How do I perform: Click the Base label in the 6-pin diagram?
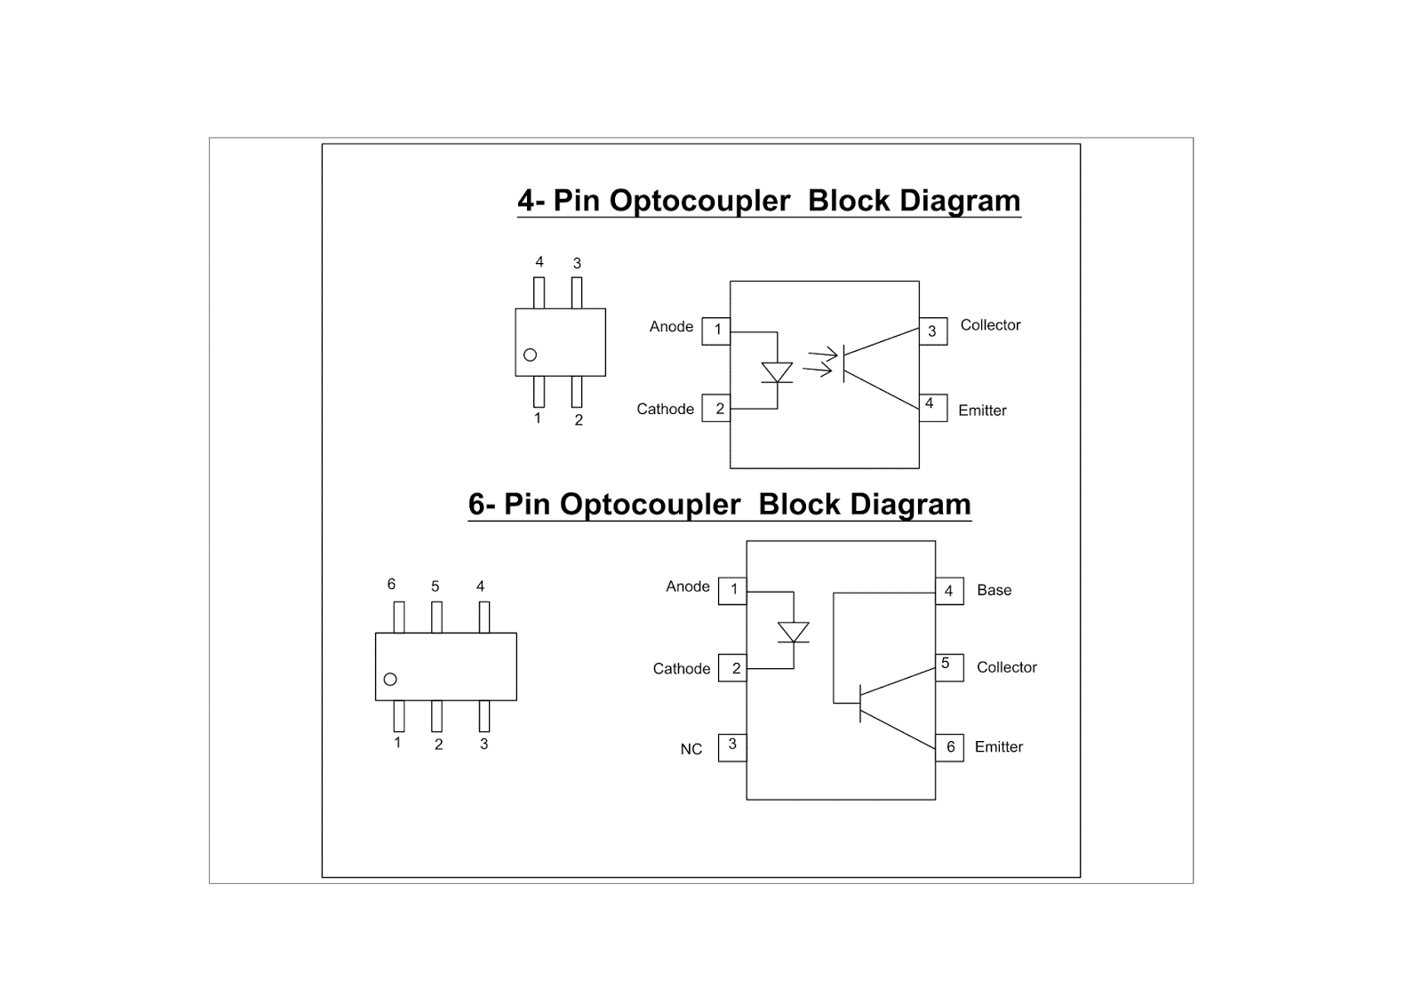click(994, 590)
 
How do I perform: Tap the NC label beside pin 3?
click(691, 749)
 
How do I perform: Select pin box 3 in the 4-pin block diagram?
click(932, 331)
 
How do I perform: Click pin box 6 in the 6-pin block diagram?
click(949, 747)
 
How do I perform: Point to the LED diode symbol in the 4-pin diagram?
click(777, 372)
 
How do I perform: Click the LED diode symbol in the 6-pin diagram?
click(793, 632)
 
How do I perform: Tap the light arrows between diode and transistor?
click(819, 363)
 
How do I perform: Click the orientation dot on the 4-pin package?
click(531, 355)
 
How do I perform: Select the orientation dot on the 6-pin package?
click(390, 679)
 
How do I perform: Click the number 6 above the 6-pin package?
click(391, 584)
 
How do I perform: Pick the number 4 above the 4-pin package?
click(539, 262)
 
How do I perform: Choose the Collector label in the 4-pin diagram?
click(990, 325)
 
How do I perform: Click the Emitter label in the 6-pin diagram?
click(998, 747)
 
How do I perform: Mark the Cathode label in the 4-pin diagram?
click(665, 409)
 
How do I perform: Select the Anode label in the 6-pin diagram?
click(687, 586)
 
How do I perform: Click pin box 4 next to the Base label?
click(949, 591)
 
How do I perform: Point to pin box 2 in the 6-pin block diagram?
click(733, 668)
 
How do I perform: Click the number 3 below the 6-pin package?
click(483, 744)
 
